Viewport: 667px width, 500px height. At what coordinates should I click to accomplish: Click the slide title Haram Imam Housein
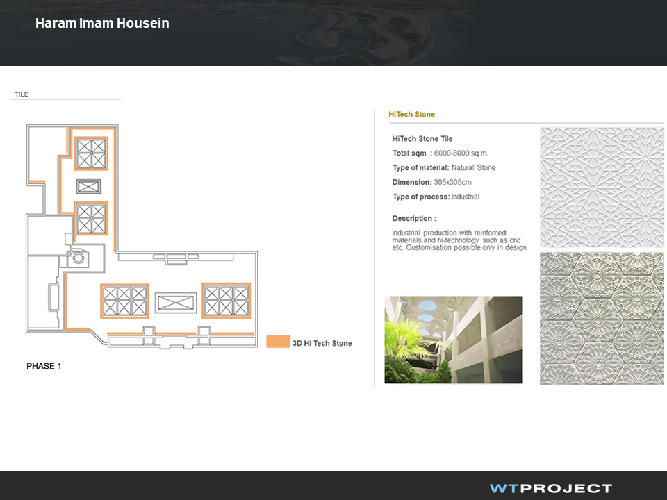pos(102,23)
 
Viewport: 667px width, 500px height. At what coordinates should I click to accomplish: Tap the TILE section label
pos(22,94)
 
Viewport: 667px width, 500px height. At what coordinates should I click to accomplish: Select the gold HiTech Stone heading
pos(411,114)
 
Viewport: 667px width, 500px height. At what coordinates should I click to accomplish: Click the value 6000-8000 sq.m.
pos(461,153)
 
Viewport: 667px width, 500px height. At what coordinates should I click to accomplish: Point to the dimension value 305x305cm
pos(452,182)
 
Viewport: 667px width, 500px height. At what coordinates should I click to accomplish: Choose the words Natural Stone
pos(473,167)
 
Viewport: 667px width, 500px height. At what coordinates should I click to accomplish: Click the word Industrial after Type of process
pos(466,197)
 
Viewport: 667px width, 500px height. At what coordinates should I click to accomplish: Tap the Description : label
pos(414,218)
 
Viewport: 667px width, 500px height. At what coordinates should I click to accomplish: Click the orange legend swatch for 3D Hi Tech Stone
pos(278,342)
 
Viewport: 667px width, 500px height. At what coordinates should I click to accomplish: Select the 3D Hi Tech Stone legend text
pos(322,343)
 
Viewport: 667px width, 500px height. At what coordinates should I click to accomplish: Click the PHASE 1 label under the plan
pos(44,366)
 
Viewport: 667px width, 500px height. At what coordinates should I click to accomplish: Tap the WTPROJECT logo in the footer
pos(551,488)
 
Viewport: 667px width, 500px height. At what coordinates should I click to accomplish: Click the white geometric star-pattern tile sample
pos(602,187)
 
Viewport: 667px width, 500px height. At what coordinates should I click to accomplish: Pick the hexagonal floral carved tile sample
pos(602,319)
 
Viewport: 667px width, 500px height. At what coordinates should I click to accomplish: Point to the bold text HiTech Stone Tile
pos(422,139)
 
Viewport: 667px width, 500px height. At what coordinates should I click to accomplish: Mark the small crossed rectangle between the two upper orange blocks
pos(88,186)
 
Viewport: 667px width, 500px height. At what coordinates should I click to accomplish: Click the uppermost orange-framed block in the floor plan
pos(91,153)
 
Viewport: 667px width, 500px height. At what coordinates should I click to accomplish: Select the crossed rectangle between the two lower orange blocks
pos(176,303)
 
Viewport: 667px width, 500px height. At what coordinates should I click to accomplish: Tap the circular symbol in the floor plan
pos(79,258)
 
